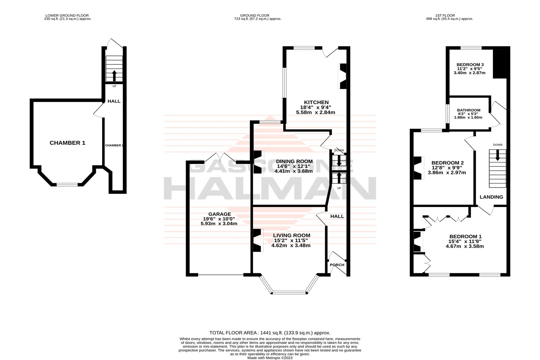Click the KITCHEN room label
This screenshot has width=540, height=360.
click(314, 103)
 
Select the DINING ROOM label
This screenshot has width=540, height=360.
click(294, 161)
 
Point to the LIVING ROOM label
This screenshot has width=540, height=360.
click(291, 235)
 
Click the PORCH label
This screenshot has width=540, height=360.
click(337, 265)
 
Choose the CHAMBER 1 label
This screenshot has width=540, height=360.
click(67, 143)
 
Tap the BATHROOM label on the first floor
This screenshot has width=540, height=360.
click(468, 110)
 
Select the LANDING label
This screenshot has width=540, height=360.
click(491, 197)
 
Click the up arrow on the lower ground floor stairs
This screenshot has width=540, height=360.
click(114, 76)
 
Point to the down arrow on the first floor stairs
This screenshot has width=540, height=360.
click(498, 156)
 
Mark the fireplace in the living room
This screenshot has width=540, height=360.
click(257, 240)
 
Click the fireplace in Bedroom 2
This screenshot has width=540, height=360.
click(418, 168)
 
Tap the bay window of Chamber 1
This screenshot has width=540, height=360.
click(67, 185)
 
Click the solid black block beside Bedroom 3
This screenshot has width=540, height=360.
click(501, 63)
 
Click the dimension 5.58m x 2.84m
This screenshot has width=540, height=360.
click(315, 112)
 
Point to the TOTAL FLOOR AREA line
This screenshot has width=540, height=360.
click(270, 333)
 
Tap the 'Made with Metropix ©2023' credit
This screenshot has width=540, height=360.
click(270, 358)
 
